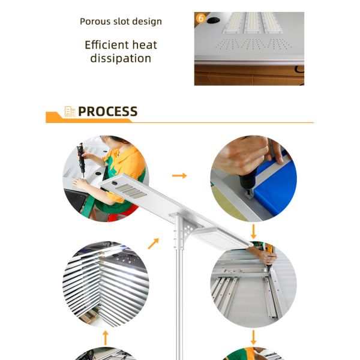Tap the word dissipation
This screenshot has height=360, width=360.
pyautogui.click(x=121, y=58)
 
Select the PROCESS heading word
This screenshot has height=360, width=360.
pyautogui.click(x=107, y=112)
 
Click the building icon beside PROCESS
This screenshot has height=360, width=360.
pyautogui.click(x=70, y=112)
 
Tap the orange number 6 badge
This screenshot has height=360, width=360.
pyautogui.click(x=200, y=18)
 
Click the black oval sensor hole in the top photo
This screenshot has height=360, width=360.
pyautogui.click(x=213, y=20)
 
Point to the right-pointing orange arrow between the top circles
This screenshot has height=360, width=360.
pyautogui.click(x=179, y=176)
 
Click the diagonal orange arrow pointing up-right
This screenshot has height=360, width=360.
pyautogui.click(x=153, y=244)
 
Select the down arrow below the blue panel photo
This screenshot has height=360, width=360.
pyautogui.click(x=253, y=232)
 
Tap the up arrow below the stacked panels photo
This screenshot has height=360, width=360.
pyautogui.click(x=106, y=338)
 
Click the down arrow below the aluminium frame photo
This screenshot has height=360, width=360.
pyautogui.click(x=253, y=337)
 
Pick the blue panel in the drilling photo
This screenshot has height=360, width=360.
pyautogui.click(x=275, y=188)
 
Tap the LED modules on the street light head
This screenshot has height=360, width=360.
pyautogui.click(x=131, y=191)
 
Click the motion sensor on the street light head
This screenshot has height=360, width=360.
pyautogui.click(x=114, y=183)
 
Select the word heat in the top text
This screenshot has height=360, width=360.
pyautogui.click(x=145, y=44)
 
